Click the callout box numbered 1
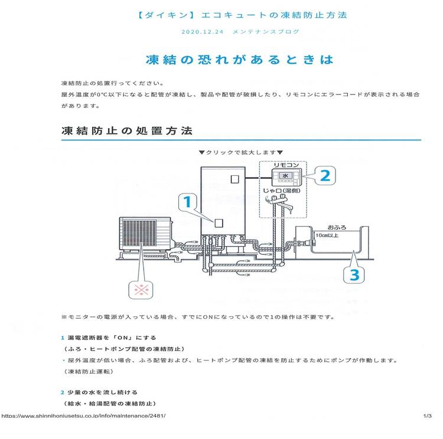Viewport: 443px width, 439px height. point(187,204)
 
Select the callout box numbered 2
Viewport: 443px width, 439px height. point(324,175)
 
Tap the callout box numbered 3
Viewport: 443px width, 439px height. point(353,274)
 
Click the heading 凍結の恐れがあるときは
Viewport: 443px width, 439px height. point(239,60)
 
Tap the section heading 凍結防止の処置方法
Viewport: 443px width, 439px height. point(127,130)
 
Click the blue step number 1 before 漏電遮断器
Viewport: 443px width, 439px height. point(62,338)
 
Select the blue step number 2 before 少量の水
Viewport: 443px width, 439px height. point(62,392)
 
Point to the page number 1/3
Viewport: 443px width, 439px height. point(428,416)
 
